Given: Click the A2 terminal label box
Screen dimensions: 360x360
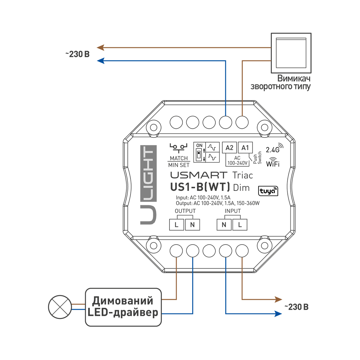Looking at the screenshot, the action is click(x=229, y=148).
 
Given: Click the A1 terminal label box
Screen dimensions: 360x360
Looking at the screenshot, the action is click(x=245, y=148).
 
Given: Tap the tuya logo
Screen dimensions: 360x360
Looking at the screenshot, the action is click(x=268, y=191).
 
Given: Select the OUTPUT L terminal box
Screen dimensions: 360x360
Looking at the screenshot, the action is click(x=176, y=225).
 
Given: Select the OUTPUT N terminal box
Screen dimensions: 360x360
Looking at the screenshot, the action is click(x=192, y=225).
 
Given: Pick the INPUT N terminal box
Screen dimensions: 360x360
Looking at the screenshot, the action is click(x=224, y=225).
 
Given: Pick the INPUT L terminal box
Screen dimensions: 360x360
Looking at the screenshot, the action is click(x=240, y=225).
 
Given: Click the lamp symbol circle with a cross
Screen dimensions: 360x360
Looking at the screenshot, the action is click(x=60, y=307).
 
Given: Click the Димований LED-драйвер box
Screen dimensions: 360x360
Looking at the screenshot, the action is click(x=123, y=307).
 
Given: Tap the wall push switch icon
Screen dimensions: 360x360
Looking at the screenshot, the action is click(x=291, y=53).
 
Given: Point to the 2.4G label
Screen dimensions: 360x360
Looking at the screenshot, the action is click(x=273, y=150).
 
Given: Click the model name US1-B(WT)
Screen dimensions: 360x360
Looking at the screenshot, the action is click(x=200, y=187).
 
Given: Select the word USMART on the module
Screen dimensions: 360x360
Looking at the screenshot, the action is click(x=199, y=175).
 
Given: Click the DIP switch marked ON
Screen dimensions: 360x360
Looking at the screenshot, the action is click(x=199, y=154).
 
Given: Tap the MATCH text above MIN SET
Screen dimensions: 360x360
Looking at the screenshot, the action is click(x=179, y=158).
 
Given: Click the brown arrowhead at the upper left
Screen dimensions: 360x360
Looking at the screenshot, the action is click(x=100, y=47).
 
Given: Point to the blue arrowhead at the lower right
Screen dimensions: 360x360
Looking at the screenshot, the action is click(x=278, y=314).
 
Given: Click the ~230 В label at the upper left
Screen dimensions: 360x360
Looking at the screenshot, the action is click(x=77, y=54).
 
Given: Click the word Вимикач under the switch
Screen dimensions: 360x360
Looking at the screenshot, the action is click(x=294, y=78).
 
